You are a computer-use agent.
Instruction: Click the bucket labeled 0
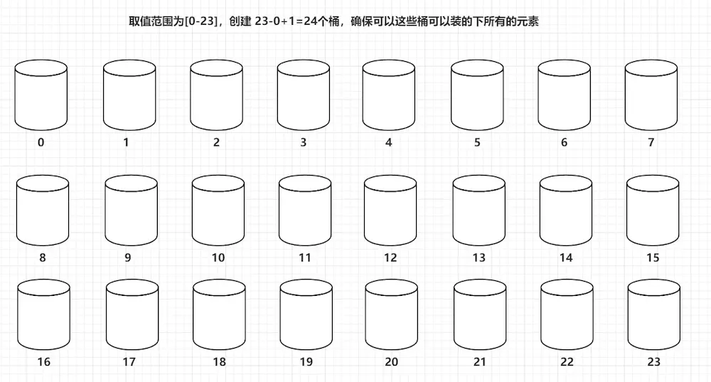[41, 96]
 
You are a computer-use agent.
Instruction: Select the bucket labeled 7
[651, 96]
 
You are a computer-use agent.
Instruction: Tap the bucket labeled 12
[390, 212]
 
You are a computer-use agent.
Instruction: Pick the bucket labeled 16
[43, 316]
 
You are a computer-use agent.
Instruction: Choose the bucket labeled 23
[653, 316]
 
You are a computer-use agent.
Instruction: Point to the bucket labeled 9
[130, 212]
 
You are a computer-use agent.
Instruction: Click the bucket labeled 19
[306, 316]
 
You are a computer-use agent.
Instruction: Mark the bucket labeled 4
[389, 96]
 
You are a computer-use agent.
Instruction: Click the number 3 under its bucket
[304, 142]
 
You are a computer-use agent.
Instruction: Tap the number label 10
[218, 258]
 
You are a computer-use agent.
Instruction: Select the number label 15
[653, 258]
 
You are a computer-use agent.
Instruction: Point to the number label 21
[480, 362]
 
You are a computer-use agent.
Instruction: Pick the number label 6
[564, 142]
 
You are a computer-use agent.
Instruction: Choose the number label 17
[129, 362]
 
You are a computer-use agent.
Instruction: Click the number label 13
[479, 258]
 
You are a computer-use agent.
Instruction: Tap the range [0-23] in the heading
[200, 22]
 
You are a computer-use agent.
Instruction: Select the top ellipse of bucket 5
[477, 69]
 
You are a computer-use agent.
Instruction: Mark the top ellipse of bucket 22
[567, 288]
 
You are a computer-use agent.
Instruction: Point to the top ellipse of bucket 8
[43, 184]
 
